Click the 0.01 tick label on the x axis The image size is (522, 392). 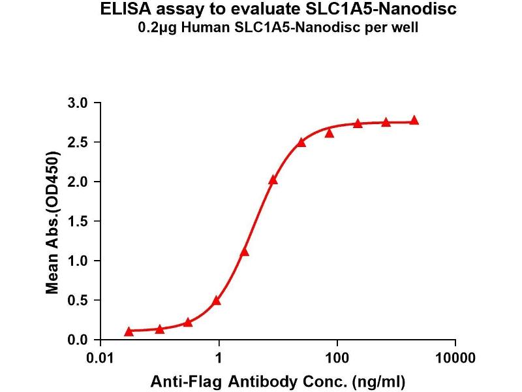click(x=101, y=359)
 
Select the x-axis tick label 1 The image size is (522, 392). click(x=219, y=359)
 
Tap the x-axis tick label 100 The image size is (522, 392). click(x=337, y=359)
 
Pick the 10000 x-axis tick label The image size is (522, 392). click(x=455, y=359)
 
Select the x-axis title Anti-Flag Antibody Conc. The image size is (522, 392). click(x=278, y=380)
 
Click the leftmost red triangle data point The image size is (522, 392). click(x=129, y=332)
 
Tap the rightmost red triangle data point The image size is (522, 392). click(x=414, y=121)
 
